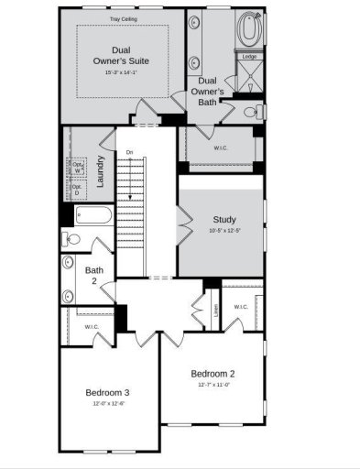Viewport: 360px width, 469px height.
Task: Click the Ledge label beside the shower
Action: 249,57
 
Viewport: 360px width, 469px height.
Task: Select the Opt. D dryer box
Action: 78,191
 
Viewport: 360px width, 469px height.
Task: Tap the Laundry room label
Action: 99,170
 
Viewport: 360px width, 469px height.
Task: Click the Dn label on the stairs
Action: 130,151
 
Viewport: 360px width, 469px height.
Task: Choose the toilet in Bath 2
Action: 72,239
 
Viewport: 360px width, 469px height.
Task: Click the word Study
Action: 224,219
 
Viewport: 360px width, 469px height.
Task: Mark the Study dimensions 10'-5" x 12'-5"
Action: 224,231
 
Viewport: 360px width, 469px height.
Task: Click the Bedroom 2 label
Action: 213,373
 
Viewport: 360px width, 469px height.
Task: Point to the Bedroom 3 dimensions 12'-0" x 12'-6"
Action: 107,403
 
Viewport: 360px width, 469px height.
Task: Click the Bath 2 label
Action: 93,275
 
